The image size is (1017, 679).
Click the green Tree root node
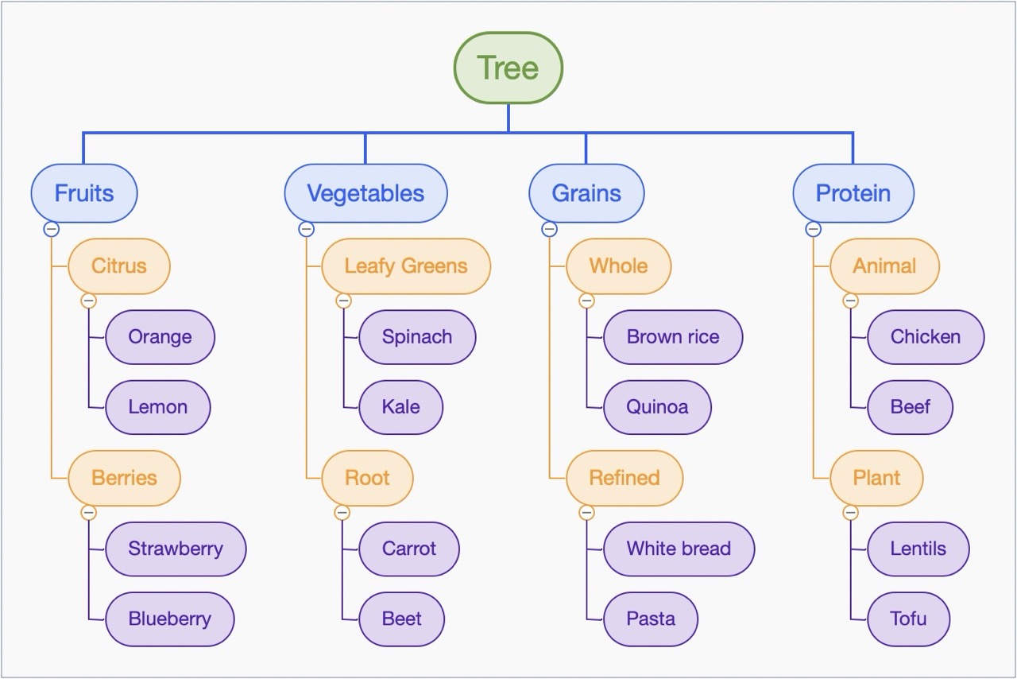(508, 68)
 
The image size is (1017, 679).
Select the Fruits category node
(84, 193)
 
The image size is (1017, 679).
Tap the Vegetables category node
(365, 193)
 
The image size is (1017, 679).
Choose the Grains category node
(586, 193)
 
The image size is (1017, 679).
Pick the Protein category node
(853, 193)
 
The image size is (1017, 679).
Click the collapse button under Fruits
(51, 229)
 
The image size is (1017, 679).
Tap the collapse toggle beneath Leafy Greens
(343, 301)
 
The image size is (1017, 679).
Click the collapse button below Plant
(851, 513)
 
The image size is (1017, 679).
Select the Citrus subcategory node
(119, 266)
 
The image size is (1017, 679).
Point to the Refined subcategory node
(625, 478)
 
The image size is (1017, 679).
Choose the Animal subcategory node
(884, 266)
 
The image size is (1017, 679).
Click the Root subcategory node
(367, 478)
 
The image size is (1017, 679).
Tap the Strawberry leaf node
(176, 549)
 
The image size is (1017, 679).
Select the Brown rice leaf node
(673, 336)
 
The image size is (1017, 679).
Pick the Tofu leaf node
(909, 619)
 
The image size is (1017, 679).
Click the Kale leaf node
(401, 407)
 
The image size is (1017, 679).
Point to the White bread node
(679, 549)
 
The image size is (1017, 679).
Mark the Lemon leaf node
(158, 407)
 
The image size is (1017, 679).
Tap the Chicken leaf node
(926, 336)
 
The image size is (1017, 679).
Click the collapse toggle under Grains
(549, 229)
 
